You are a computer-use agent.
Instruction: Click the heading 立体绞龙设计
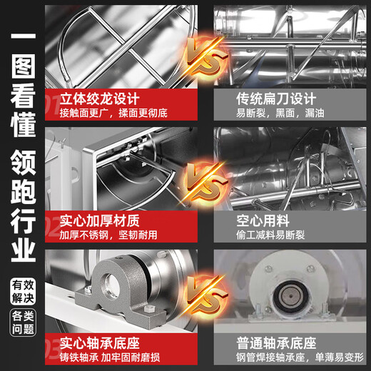pos(100,98)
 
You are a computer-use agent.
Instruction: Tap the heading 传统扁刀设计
pos(276,98)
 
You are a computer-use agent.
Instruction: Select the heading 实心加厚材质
pos(100,221)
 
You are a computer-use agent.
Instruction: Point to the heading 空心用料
pos(263,221)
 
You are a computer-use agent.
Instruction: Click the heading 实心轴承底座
pos(100,343)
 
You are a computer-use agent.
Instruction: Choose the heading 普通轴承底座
pos(276,343)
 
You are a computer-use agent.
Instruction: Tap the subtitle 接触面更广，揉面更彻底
pos(113,113)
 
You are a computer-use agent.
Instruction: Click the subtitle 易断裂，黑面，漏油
pos(280,113)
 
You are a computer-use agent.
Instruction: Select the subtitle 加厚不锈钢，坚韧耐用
pos(108,235)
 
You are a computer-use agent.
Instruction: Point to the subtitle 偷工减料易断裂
pos(270,235)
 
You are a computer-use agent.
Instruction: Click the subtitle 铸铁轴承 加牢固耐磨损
pos(110,357)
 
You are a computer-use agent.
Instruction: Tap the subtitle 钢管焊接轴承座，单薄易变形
pos(300,357)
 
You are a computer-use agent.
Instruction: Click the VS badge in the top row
pos(206,56)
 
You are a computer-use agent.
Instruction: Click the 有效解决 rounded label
pos(23,292)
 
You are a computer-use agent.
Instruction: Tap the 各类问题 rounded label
pos(23,322)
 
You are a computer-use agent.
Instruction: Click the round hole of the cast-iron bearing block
pos(111,284)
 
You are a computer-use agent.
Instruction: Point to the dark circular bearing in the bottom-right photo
pos(290,296)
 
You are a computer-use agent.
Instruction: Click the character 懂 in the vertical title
pos(23,124)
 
